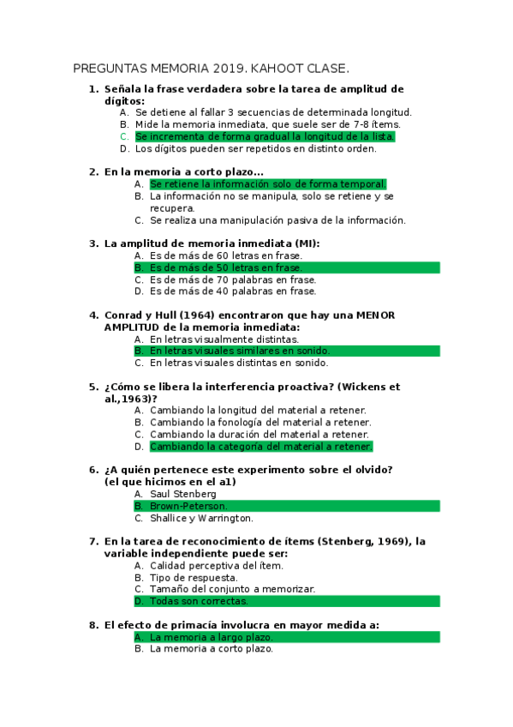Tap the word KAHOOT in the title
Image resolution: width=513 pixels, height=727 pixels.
point(275,68)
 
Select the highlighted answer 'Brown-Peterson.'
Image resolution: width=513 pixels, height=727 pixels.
point(188,506)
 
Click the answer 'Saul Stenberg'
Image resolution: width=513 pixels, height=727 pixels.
point(182,494)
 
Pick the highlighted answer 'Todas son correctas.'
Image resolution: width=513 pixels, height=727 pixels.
point(200,601)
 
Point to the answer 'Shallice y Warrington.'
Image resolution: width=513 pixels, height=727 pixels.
point(201,518)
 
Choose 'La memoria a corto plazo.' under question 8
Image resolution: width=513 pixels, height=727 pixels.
point(211,649)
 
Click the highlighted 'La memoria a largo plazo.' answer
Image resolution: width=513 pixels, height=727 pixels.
point(212,637)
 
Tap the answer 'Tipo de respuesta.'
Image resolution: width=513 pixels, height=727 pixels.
point(194,577)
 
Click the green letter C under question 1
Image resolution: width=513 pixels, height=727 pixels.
point(124,136)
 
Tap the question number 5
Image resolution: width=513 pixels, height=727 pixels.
point(93,387)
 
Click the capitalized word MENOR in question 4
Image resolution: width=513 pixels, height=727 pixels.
point(376,315)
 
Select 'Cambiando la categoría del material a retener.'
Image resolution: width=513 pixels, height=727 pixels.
point(260,447)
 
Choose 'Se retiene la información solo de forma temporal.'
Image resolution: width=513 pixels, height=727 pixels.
point(267,184)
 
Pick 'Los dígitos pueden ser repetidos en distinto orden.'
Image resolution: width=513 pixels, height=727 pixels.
point(255,148)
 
